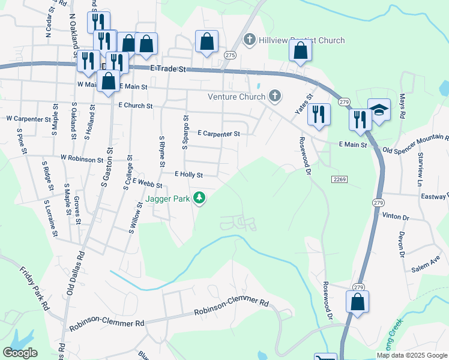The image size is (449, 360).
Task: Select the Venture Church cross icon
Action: [x=275, y=96]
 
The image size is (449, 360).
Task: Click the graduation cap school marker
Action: [x=379, y=111]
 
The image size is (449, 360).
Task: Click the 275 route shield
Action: [x=229, y=55]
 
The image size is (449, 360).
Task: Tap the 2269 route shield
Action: [x=337, y=179]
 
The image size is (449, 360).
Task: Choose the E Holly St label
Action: [x=188, y=175]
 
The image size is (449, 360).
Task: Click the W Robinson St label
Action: [x=82, y=160]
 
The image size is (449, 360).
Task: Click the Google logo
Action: [x=20, y=353]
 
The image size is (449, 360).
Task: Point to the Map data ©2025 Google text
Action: [x=411, y=355]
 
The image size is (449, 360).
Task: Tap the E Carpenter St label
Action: [x=218, y=134]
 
